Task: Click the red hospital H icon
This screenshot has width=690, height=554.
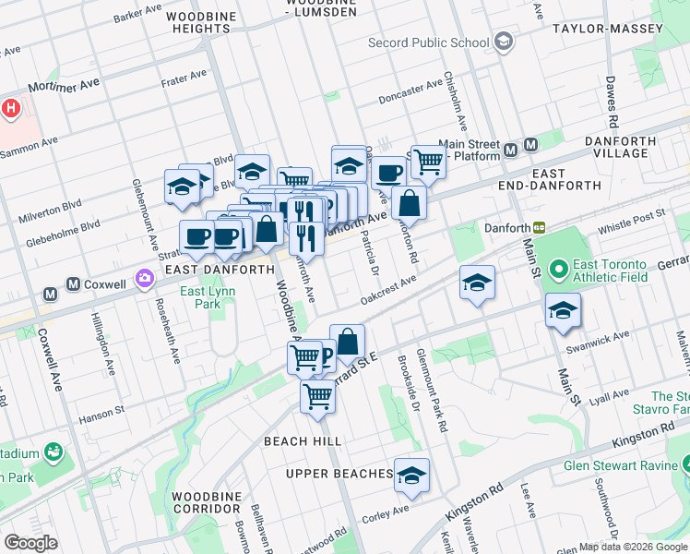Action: (10, 109)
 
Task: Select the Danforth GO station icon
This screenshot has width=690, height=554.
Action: (539, 228)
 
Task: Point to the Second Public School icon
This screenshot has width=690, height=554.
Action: (504, 42)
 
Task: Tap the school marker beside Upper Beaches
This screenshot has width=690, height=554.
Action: (412, 475)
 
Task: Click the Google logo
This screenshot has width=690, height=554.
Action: (30, 543)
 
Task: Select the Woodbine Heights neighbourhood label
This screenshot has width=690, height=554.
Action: (199, 22)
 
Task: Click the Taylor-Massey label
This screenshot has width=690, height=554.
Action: (607, 29)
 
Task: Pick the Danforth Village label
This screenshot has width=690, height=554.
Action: (621, 148)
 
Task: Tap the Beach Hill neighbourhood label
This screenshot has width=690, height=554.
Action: (303, 441)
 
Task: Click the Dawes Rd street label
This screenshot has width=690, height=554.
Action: (611, 102)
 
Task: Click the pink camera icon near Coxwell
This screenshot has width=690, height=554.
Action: (144, 277)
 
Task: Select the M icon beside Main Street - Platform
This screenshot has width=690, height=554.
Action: (531, 146)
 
